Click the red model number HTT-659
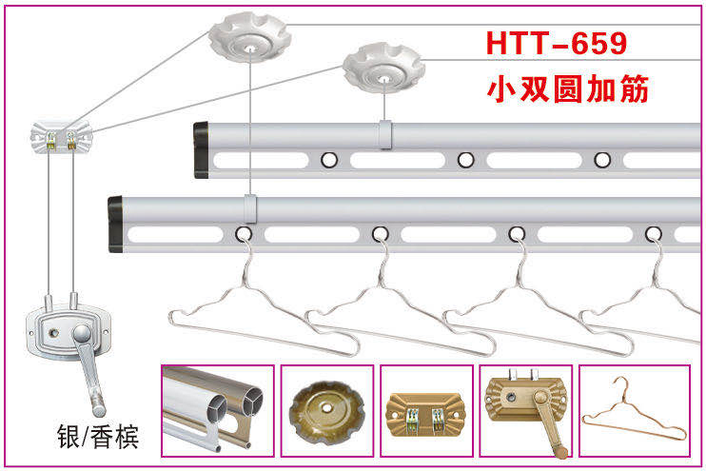[x=557, y=43]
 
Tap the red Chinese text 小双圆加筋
[x=568, y=88]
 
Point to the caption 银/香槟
[x=98, y=436]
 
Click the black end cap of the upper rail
[x=201, y=150]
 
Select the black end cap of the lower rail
[x=115, y=225]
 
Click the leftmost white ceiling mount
[x=249, y=36]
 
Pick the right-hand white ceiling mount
[x=383, y=68]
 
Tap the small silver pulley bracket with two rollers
[x=61, y=137]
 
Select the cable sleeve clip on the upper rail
[x=385, y=134]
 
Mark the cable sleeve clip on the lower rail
[x=250, y=208]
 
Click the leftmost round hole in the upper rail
[x=329, y=160]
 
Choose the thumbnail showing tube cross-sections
[x=218, y=411]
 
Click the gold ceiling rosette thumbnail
[x=327, y=411]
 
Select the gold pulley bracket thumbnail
[x=426, y=411]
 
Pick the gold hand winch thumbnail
[x=526, y=411]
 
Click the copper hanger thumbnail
[x=635, y=411]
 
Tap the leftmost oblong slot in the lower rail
[x=176, y=235]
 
